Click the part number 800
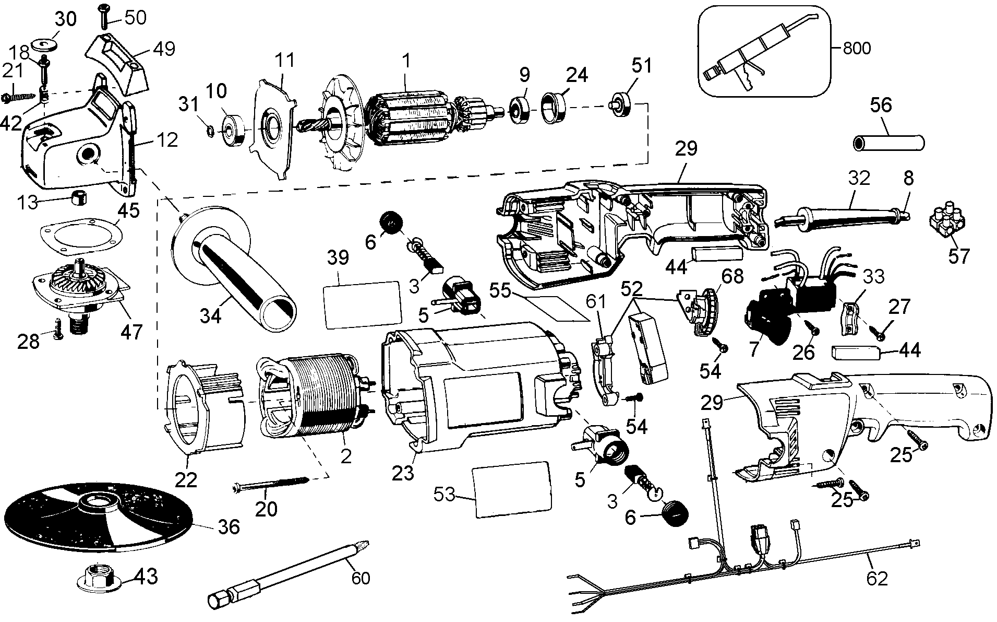856,49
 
